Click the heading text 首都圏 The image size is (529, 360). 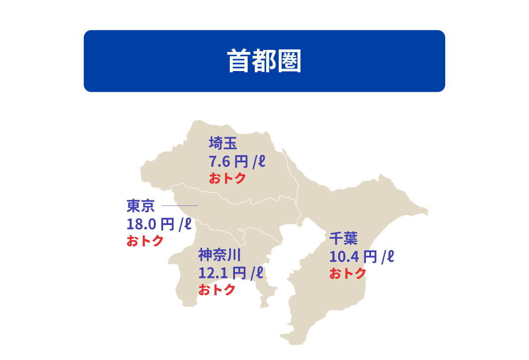pyautogui.click(x=264, y=61)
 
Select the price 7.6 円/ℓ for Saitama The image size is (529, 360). pyautogui.click(x=237, y=161)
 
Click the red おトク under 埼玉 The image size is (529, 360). pyautogui.click(x=227, y=179)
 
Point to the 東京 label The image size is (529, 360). pyautogui.click(x=141, y=206)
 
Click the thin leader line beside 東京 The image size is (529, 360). pyautogui.click(x=180, y=206)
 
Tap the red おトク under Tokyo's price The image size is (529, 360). pyautogui.click(x=145, y=241)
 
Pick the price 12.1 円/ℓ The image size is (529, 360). pyautogui.click(x=231, y=273)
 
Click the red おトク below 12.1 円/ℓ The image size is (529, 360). pyautogui.click(x=216, y=290)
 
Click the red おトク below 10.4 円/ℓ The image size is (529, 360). pyautogui.click(x=348, y=274)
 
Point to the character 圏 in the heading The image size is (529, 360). pyautogui.click(x=290, y=61)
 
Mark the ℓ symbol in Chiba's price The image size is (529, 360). pyautogui.click(x=390, y=256)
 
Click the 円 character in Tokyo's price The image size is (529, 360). pyautogui.click(x=168, y=225)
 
